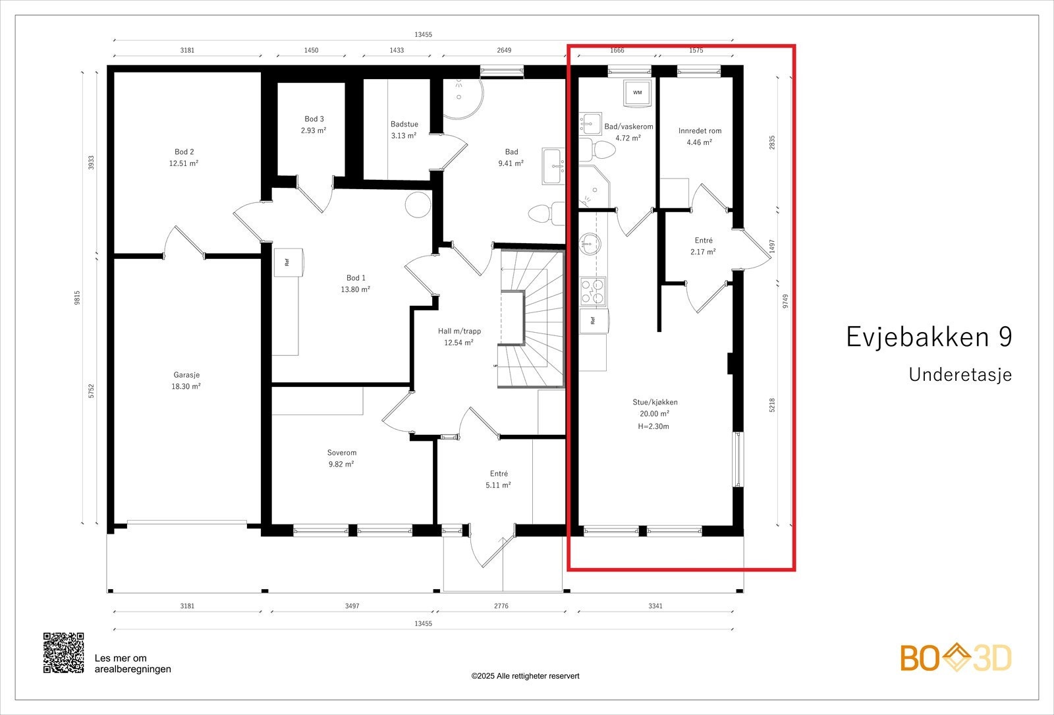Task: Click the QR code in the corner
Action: pyautogui.click(x=63, y=652)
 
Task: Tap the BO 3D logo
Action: pyautogui.click(x=956, y=658)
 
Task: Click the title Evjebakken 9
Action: pyautogui.click(x=929, y=337)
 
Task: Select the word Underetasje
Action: pyautogui.click(x=960, y=375)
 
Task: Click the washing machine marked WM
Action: pyautogui.click(x=638, y=93)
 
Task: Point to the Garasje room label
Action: pyautogui.click(x=186, y=375)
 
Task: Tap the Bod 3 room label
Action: pyautogui.click(x=314, y=119)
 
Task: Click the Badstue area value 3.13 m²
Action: pyautogui.click(x=403, y=136)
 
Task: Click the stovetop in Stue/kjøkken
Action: pyautogui.click(x=592, y=291)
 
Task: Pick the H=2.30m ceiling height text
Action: pyautogui.click(x=653, y=426)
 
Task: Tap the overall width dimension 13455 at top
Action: pyautogui.click(x=423, y=35)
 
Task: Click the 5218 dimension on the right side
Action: pyautogui.click(x=772, y=405)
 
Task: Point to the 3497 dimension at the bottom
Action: pyautogui.click(x=352, y=606)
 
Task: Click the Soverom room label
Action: pyautogui.click(x=342, y=453)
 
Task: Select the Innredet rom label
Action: pyautogui.click(x=700, y=130)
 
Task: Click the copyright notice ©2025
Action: pyautogui.click(x=525, y=675)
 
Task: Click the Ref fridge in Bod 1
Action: pyautogui.click(x=288, y=262)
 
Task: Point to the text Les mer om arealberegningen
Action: pyautogui.click(x=132, y=664)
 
